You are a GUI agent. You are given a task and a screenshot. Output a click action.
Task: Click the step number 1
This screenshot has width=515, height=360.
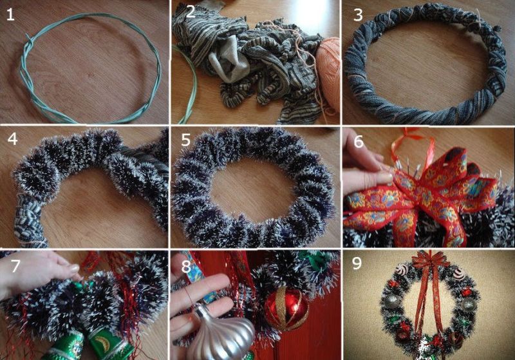coord(10,15)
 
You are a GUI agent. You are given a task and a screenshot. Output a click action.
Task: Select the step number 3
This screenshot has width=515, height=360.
coord(358,15)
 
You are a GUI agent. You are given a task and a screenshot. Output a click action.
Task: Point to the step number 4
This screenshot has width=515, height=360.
coord(12,139)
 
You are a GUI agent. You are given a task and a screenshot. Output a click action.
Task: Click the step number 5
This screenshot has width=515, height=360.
coord(185,140)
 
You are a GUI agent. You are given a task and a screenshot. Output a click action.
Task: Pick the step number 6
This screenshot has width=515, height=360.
coord(359,141)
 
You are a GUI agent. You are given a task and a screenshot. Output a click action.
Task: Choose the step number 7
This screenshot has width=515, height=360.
coord(15,266)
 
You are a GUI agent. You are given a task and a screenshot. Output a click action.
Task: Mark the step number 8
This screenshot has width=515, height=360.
coord(186,267)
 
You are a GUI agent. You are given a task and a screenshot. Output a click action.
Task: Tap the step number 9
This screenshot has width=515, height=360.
coord(357,263)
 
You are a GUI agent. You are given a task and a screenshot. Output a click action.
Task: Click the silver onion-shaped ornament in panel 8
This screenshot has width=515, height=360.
coord(221,332)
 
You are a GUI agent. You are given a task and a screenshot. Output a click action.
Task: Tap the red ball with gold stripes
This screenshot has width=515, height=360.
coord(286,308)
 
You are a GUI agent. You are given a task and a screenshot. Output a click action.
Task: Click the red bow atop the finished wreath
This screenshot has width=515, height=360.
coord(430,260)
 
